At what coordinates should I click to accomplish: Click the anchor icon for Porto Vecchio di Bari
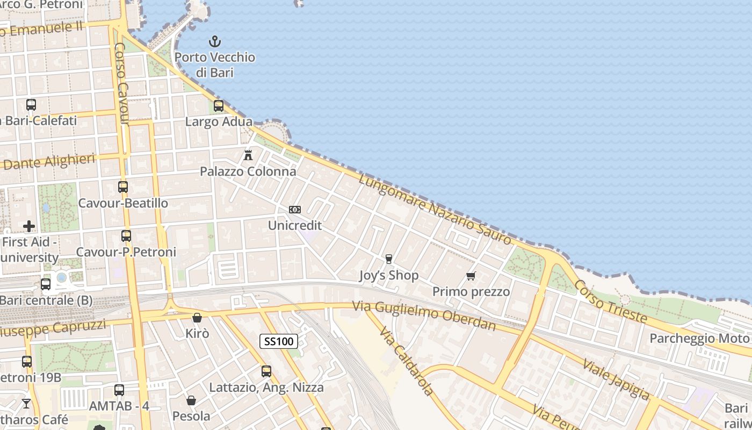[215, 41]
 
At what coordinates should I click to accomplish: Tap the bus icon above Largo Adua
[219, 106]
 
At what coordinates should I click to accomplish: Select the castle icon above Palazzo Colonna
[248, 155]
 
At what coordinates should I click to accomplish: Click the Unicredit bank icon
[295, 210]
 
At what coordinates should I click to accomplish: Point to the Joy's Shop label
[388, 276]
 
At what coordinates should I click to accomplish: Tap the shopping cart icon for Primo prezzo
[471, 276]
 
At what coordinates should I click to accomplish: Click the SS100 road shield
[279, 341]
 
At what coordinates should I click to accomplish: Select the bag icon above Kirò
[197, 318]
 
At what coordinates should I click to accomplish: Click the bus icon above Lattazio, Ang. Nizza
[266, 371]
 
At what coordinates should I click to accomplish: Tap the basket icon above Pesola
[191, 400]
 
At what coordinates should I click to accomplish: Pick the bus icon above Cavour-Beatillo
[123, 187]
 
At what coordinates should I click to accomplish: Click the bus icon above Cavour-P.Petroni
[126, 236]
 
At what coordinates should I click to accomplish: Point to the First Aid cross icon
[29, 226]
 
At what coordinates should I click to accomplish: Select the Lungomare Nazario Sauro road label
[435, 210]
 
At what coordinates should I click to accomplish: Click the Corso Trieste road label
[610, 301]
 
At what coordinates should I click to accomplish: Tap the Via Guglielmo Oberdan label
[424, 315]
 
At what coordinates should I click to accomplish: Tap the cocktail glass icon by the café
[26, 403]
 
